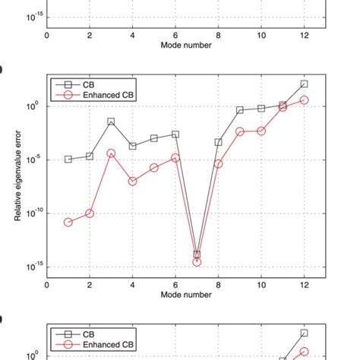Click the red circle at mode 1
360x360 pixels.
(68, 223)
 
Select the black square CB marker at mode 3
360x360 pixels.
(111, 122)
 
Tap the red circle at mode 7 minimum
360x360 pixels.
(197, 262)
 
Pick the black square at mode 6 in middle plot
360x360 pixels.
(175, 134)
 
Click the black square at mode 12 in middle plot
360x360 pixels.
(305, 84)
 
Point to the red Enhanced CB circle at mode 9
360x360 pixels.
(240, 131)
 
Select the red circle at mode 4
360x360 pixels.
(133, 182)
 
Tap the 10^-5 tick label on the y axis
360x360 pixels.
(33, 160)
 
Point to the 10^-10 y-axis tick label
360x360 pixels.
(33, 213)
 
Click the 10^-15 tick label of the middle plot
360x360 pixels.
(33, 267)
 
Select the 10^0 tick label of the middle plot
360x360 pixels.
(36, 106)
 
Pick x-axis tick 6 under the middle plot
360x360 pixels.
(175, 286)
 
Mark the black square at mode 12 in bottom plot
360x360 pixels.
(305, 333)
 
